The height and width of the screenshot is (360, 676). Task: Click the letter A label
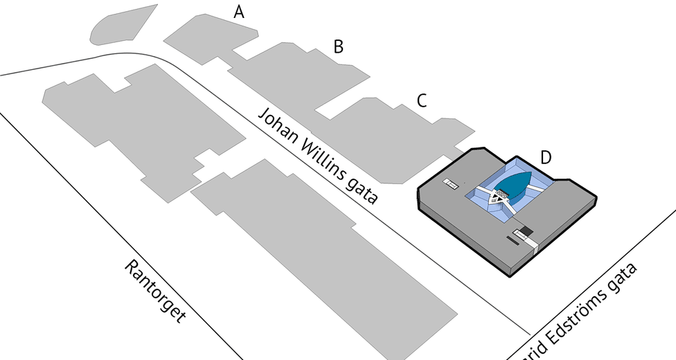click(240, 12)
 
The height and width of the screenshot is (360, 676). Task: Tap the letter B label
click(338, 47)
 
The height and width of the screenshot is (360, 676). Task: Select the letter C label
click(421, 100)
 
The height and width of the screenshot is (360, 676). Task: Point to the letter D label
click(546, 158)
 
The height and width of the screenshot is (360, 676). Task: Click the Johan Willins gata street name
click(318, 155)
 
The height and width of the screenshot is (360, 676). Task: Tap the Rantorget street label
click(156, 291)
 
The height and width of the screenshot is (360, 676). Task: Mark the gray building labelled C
click(388, 138)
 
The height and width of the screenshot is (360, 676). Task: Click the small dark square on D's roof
click(526, 231)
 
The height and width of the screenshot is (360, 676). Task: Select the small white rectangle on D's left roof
click(451, 183)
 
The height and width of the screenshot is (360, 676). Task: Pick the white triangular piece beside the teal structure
click(496, 201)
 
